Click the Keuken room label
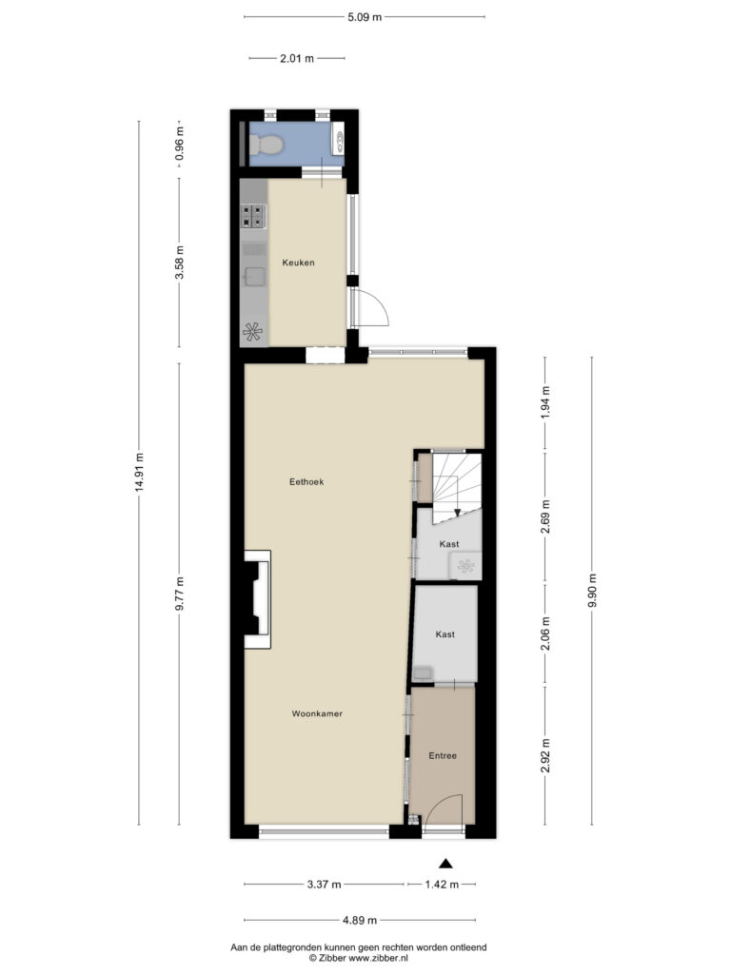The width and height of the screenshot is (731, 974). (x=298, y=263)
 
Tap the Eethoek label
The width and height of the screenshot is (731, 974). (x=306, y=482)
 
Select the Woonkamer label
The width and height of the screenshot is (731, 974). (x=317, y=714)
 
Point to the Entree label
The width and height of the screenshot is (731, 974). (x=443, y=756)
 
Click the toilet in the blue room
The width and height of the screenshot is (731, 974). (x=267, y=145)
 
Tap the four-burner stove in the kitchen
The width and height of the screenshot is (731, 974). (x=253, y=216)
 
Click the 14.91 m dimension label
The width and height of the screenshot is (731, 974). (x=138, y=473)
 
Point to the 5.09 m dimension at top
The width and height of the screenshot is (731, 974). (x=365, y=17)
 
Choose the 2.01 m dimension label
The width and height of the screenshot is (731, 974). (x=297, y=59)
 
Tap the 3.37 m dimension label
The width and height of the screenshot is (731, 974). (x=324, y=885)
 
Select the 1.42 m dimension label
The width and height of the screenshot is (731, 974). (x=442, y=885)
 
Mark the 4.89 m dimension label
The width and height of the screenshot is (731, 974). (x=359, y=921)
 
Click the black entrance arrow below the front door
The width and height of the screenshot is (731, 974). (x=445, y=864)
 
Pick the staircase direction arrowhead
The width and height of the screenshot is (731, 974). (x=458, y=513)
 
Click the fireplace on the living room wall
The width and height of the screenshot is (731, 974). (x=257, y=599)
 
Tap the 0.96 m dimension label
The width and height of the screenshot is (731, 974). (x=180, y=145)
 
